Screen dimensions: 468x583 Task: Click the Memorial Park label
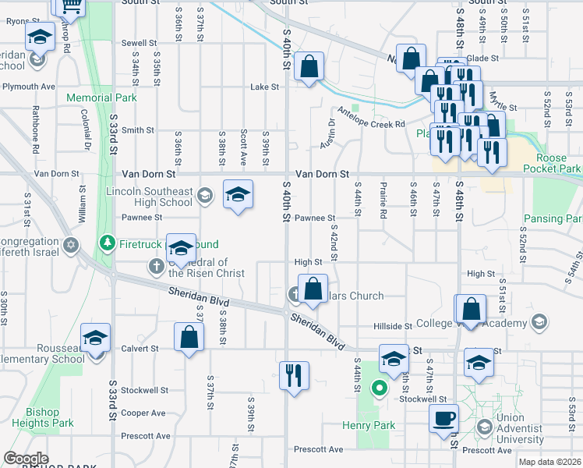point(101,97)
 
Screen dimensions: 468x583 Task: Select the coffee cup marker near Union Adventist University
point(443,417)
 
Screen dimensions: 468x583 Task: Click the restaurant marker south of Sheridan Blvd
point(294,375)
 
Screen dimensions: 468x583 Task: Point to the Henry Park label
point(369,425)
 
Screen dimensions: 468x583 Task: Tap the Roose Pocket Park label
point(552,163)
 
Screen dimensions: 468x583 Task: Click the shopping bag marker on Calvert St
point(189,336)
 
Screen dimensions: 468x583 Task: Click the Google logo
point(26,459)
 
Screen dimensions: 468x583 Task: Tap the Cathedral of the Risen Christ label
point(207,268)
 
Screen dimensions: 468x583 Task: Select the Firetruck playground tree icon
point(108,243)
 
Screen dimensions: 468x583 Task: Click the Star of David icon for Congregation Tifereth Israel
point(72,246)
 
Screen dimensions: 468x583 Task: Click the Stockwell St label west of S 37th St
point(144,390)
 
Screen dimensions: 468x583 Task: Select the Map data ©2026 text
point(549,462)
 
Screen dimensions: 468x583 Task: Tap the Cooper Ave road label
point(143,413)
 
